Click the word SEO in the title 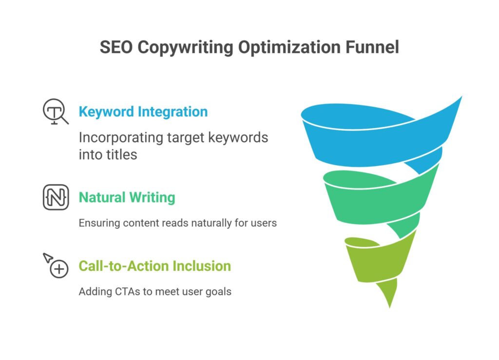pos(116,47)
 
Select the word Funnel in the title pos(372,47)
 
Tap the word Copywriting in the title pos(185,48)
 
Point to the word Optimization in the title pos(289,48)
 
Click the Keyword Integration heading pos(143,112)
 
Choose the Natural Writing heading pos(127,197)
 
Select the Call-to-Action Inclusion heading pos(154,266)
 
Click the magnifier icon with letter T pos(56,112)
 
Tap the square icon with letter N pos(56,197)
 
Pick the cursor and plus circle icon pos(56,265)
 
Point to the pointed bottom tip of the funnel pos(389,308)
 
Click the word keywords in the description pos(238,138)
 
